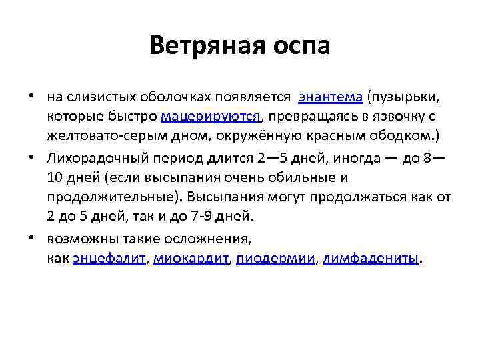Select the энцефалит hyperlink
109,259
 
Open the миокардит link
191,259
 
